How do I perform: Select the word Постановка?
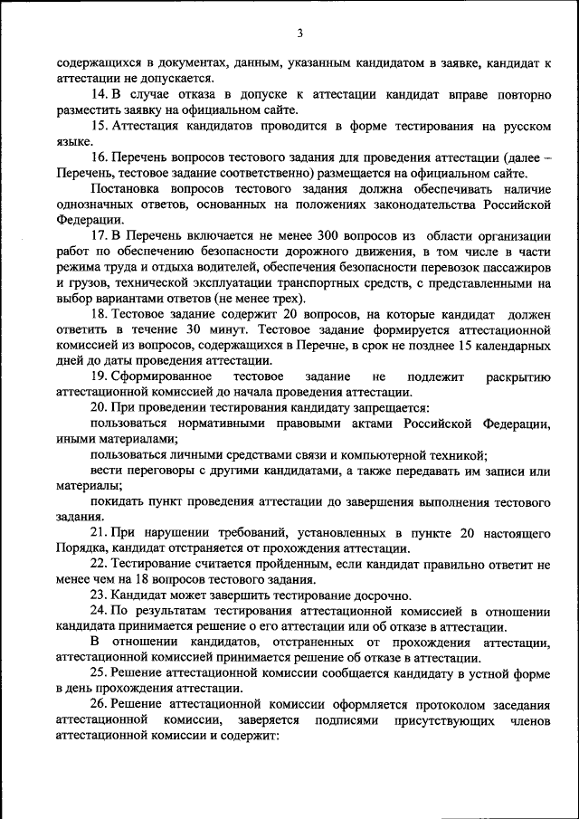[x=129, y=188]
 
